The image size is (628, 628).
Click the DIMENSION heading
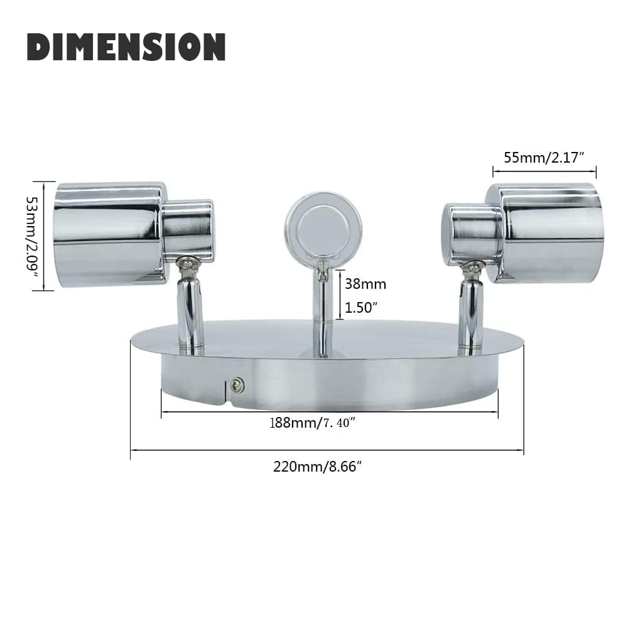126,47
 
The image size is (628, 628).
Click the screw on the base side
237,385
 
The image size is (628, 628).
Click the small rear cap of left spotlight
188,230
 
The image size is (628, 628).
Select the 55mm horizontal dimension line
544,169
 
